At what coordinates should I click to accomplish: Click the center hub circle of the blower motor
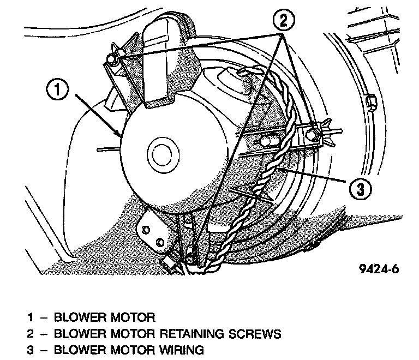click(163, 154)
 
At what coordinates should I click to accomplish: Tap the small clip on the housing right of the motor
click(370, 101)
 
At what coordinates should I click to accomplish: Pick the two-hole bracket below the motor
click(154, 231)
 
